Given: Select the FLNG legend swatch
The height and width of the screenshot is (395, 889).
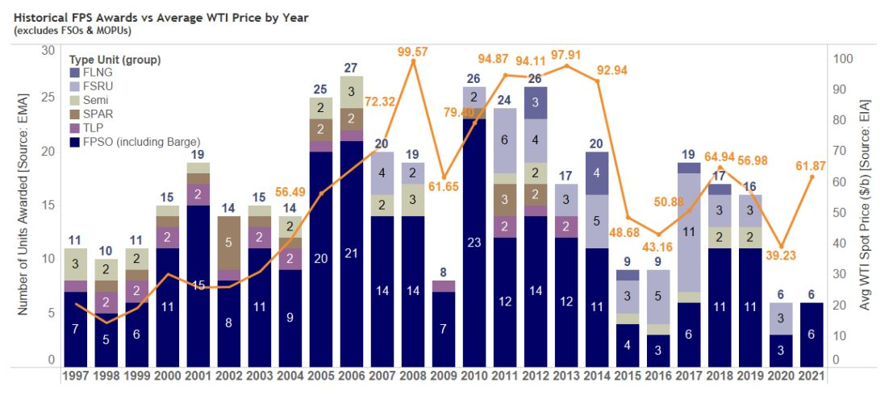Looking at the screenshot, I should [74, 73].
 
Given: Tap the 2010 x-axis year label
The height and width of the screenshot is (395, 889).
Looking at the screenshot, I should [477, 376].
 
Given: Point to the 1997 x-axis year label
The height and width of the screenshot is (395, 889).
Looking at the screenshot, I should [76, 376].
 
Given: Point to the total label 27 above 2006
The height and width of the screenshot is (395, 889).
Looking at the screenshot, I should [352, 68].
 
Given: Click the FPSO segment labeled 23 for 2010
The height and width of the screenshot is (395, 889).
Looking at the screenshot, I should [477, 241].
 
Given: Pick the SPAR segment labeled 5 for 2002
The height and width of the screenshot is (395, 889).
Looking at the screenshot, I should [229, 241].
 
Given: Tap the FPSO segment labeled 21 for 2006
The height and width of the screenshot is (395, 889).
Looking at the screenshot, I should [352, 253].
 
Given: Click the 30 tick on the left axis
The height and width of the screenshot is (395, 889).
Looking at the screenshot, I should [48, 50].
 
